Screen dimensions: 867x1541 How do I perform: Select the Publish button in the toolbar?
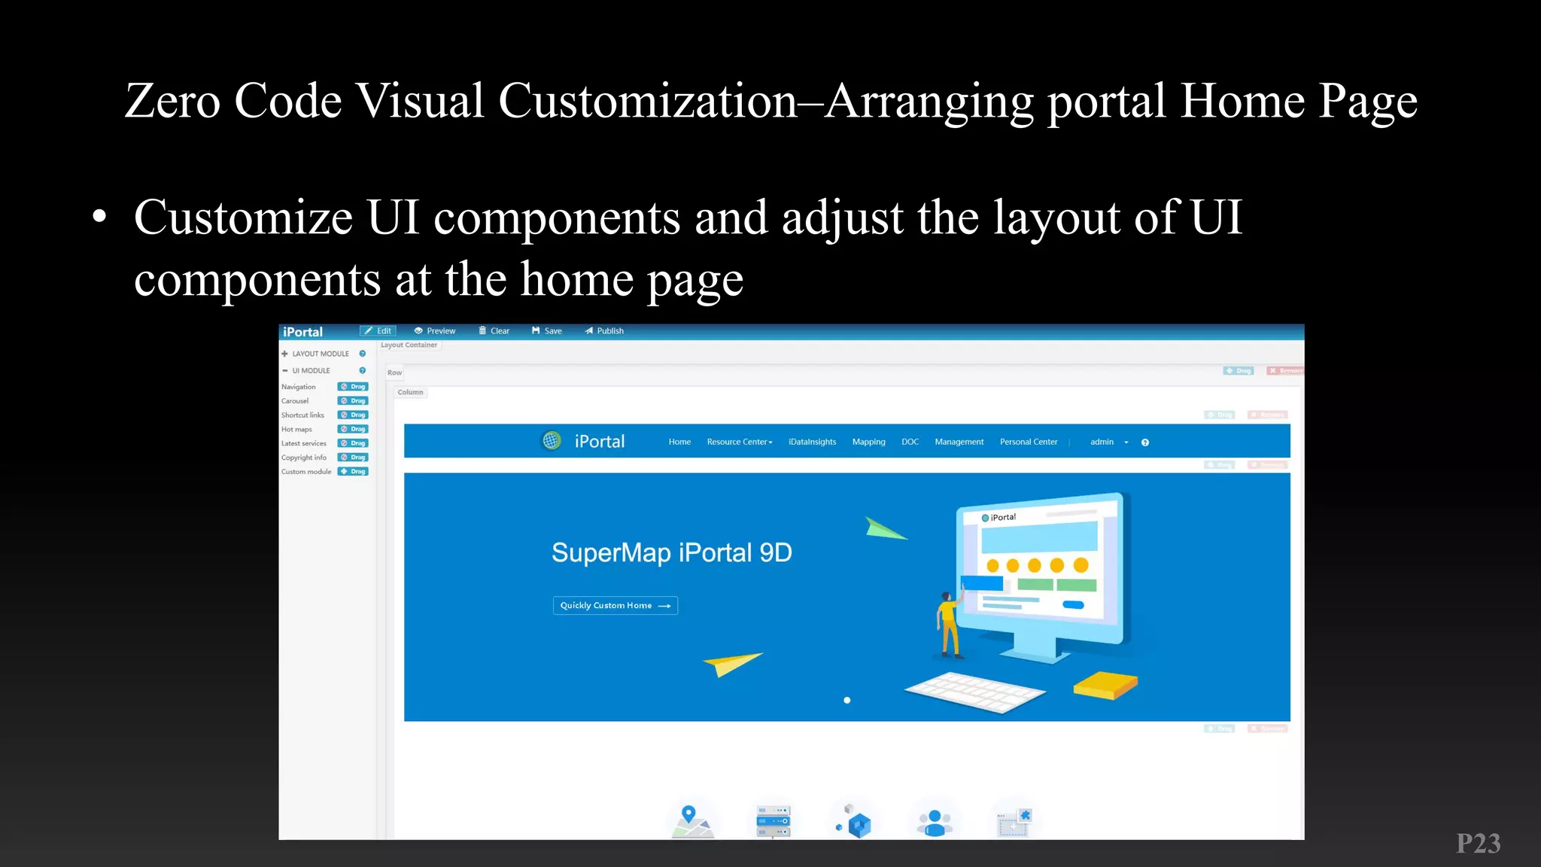[x=604, y=331]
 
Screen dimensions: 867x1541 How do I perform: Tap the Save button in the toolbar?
[x=547, y=331]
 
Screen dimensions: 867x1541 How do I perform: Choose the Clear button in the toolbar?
[x=494, y=331]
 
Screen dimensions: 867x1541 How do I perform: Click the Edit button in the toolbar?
[x=378, y=331]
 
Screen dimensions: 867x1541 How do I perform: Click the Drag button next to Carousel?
[x=353, y=401]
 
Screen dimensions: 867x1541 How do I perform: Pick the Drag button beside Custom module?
[x=353, y=472]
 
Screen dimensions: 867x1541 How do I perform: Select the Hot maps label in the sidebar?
[x=296, y=430]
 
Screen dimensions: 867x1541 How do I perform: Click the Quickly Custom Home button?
[x=615, y=606]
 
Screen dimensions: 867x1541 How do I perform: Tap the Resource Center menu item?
[x=739, y=442]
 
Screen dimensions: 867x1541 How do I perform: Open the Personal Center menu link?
[x=1028, y=442]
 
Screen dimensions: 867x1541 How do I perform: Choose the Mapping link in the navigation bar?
[x=868, y=442]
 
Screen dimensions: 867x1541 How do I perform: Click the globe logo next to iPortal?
[x=552, y=441]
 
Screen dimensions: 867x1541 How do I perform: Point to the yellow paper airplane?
[x=731, y=663]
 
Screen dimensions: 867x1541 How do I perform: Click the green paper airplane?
[x=883, y=528]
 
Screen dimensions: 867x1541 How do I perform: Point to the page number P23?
[x=1478, y=844]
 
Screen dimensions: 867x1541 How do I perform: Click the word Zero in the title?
[x=172, y=101]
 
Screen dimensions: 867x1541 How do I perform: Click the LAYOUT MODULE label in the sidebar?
[x=321, y=354]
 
